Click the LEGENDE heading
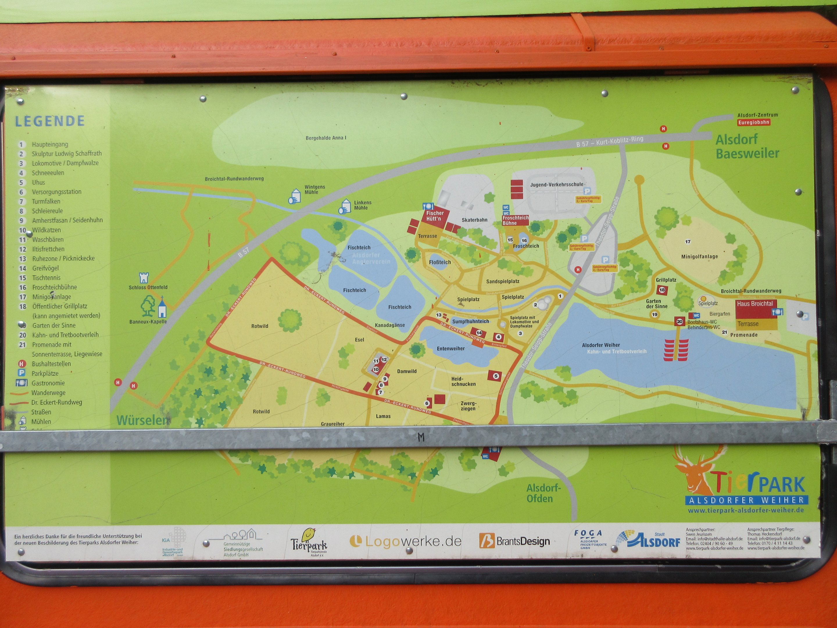(50, 121)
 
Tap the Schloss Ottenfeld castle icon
(144, 278)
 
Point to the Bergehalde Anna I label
(326, 138)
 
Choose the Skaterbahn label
(475, 220)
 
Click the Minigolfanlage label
(699, 257)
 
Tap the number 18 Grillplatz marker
(662, 290)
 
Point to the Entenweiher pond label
(451, 348)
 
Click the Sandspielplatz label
(502, 281)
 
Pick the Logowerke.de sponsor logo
(406, 541)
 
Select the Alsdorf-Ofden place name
(543, 493)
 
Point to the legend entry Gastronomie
(48, 383)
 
